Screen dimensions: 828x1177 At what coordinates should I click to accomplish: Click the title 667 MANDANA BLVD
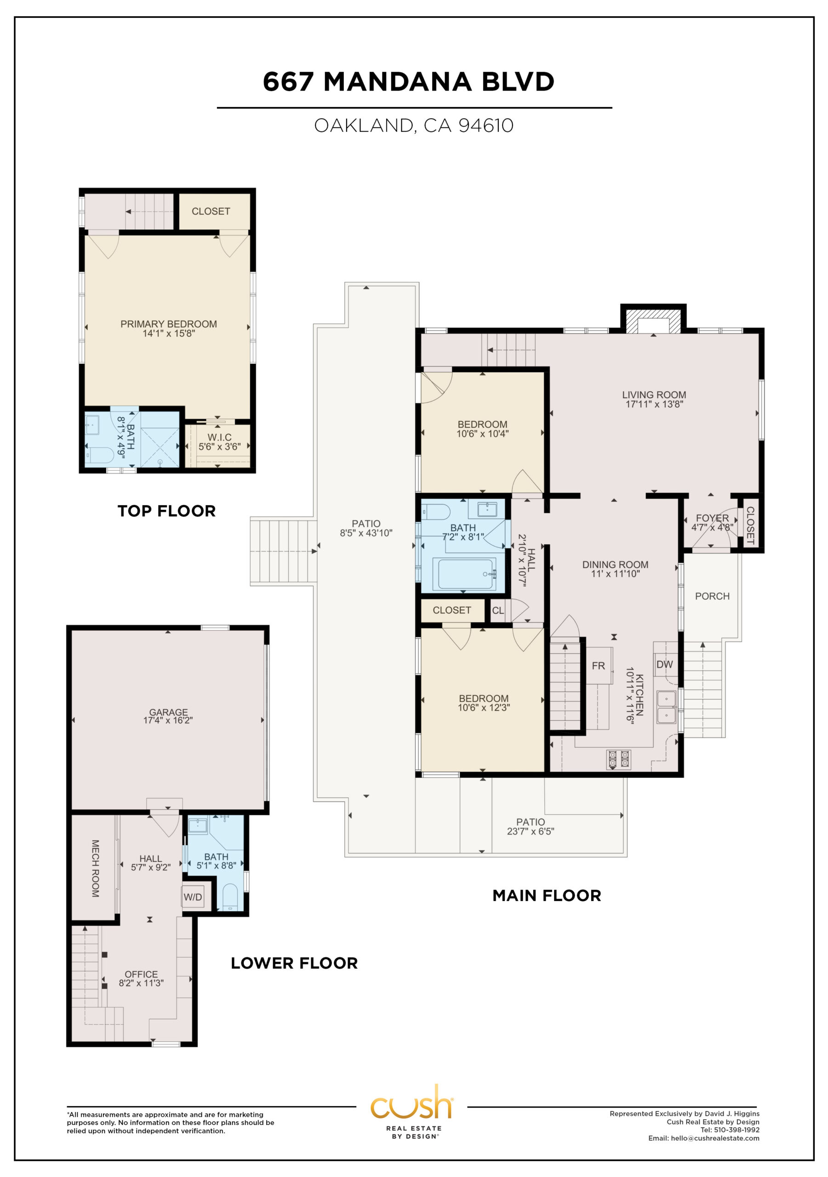[409, 81]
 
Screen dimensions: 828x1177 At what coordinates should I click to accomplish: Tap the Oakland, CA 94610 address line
[414, 126]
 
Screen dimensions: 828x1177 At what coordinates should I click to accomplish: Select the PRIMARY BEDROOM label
[169, 324]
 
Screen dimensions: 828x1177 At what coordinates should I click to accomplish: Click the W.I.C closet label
[219, 437]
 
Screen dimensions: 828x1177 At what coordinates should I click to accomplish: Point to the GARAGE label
[168, 712]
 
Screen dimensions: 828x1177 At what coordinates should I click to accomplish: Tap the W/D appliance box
[193, 897]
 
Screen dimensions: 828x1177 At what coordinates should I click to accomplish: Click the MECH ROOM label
[95, 868]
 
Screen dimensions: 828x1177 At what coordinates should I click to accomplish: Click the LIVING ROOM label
[654, 395]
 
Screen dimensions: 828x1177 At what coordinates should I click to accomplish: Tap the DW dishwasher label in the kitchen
[664, 664]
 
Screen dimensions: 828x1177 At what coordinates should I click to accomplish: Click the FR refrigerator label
[598, 666]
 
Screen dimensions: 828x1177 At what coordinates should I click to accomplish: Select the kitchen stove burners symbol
[619, 759]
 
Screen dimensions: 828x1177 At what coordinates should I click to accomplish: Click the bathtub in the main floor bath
[464, 574]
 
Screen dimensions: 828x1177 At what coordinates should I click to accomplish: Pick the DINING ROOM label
[615, 565]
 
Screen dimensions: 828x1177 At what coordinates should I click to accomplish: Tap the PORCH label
[712, 596]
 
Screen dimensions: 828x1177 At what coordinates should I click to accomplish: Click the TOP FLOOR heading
[166, 511]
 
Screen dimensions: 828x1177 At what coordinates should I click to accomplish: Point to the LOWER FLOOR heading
[294, 963]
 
